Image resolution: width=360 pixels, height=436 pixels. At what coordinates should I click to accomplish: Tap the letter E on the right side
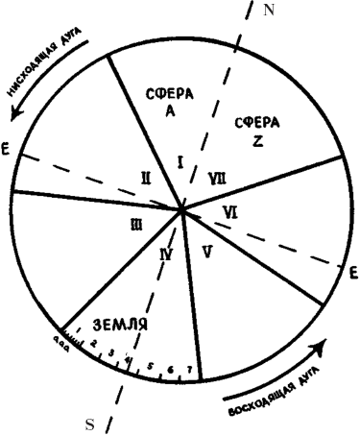pos(353,272)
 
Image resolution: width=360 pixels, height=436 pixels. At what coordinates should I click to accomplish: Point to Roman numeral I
pos(180,161)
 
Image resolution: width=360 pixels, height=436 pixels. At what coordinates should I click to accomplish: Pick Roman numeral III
pos(137,224)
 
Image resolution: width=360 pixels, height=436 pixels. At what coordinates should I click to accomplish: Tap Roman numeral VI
pos(228,210)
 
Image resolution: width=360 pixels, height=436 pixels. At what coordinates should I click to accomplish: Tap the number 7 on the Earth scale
pos(189,371)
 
